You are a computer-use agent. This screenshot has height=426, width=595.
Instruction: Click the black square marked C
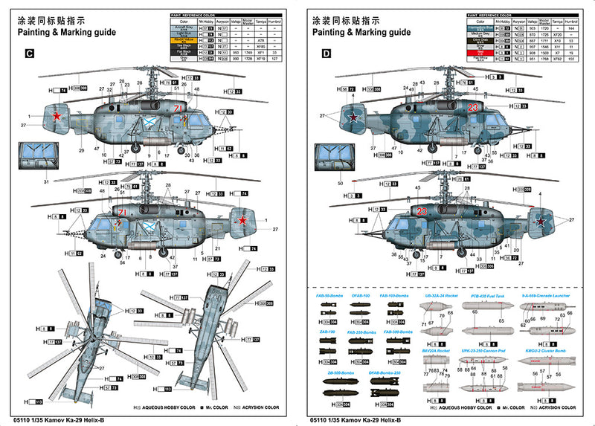coord(29,54)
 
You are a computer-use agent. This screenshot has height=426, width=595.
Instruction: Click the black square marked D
coord(327,54)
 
